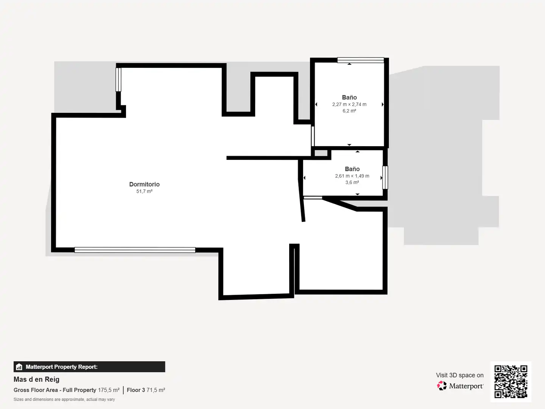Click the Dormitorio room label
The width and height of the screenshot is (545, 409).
point(144,184)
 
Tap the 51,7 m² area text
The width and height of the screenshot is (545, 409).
point(144,191)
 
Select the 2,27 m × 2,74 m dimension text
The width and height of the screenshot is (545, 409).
point(349,104)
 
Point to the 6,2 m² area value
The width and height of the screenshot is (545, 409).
point(349,111)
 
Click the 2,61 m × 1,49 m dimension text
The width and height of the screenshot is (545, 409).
point(352,176)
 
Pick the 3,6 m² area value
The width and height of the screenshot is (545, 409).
point(352,182)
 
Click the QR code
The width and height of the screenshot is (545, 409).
point(511,381)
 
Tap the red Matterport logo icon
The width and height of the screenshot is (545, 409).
point(442,386)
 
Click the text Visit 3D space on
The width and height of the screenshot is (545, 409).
point(459,375)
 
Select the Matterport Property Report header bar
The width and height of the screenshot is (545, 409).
point(89,367)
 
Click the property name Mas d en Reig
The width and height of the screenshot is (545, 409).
point(36,379)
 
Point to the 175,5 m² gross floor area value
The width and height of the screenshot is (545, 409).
point(109,390)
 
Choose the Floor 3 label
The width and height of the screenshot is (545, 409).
point(136,390)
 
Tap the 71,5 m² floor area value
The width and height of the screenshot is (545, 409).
point(156,390)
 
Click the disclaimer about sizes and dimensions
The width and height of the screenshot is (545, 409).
point(64,399)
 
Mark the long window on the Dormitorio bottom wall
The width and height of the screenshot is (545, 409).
point(135,250)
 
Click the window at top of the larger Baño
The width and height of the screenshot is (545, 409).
point(361,60)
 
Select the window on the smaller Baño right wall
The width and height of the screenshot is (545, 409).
point(385,178)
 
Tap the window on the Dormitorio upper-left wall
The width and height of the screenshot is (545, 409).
point(118,80)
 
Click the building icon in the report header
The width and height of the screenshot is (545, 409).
point(19,367)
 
